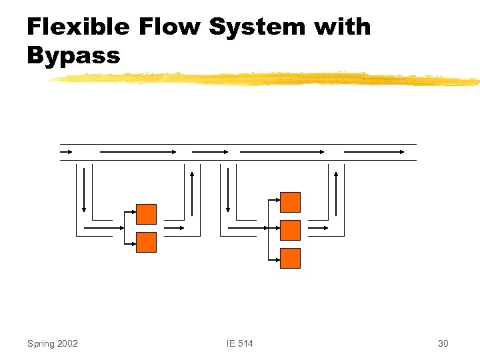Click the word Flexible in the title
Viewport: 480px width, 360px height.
77,27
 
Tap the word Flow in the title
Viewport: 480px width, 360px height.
171,27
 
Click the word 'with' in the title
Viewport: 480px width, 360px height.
342,27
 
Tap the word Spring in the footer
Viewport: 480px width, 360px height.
41,343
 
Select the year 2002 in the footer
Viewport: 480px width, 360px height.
68,343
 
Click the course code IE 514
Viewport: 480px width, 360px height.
240,343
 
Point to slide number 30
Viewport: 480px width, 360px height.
443,343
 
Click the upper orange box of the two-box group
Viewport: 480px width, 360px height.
146,214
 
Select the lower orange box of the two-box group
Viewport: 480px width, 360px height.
146,242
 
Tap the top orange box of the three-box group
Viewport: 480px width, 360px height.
290,202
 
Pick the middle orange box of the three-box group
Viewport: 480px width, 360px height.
290,230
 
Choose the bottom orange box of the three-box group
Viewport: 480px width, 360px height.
290,258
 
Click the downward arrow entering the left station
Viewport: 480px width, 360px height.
85,189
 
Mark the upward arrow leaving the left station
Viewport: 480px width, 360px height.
192,193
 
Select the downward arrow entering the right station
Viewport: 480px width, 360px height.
228,189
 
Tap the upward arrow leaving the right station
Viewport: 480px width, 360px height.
336,193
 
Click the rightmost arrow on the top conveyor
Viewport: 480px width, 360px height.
374,152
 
